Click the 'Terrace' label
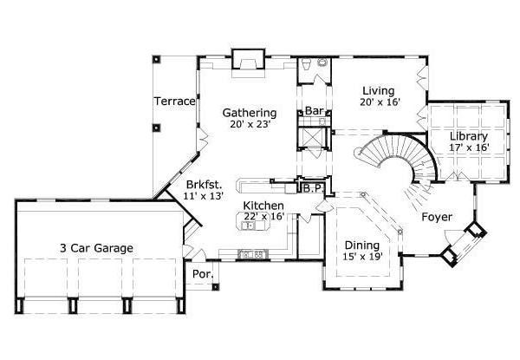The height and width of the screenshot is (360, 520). pos(175,101)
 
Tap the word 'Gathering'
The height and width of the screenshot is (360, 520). pos(249,113)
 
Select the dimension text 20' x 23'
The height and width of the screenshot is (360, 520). pos(249,125)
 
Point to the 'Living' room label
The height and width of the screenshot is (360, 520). pos(379,91)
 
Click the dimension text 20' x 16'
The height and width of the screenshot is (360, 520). pos(379,102)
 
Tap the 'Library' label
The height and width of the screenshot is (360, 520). pos(469,136)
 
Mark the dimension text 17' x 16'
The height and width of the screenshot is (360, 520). pos(469,147)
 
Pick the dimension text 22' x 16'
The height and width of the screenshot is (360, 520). pos(263,216)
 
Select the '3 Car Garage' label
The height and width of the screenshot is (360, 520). pos(96,248)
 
